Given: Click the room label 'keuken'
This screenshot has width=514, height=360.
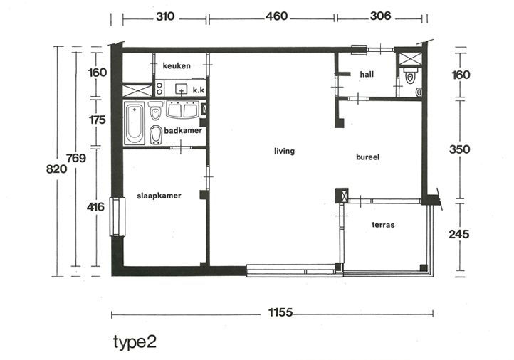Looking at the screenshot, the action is [177, 66].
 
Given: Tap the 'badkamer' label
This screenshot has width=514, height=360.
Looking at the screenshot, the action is [183, 131].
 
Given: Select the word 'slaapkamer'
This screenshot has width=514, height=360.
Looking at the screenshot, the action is [159, 196].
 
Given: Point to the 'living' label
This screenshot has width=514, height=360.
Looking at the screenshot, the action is [284, 151].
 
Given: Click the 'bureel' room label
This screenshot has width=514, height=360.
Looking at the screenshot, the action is [367, 157].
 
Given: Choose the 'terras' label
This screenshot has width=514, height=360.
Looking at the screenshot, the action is [383, 225].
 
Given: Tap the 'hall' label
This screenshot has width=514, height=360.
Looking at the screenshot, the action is [367, 75].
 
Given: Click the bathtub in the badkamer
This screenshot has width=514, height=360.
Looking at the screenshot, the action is [135, 123].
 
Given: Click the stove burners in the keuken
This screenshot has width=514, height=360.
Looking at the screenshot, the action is [159, 89].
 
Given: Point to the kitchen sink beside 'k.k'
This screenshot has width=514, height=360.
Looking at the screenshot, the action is [182, 89].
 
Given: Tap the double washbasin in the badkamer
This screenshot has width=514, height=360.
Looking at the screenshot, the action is [182, 110].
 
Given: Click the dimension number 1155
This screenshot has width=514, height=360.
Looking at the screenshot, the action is [280, 312].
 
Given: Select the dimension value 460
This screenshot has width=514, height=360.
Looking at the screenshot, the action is [277, 16].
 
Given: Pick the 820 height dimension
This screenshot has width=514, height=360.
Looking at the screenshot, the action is [56, 169].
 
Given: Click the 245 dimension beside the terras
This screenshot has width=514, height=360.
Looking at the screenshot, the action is [459, 234].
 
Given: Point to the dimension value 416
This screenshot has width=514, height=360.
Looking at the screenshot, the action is [95, 207].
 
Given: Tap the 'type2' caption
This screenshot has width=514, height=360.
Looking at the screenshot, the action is [135, 342].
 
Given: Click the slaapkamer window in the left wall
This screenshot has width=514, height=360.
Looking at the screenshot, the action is [117, 216].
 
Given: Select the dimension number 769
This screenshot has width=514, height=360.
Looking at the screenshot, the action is [76, 158].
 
